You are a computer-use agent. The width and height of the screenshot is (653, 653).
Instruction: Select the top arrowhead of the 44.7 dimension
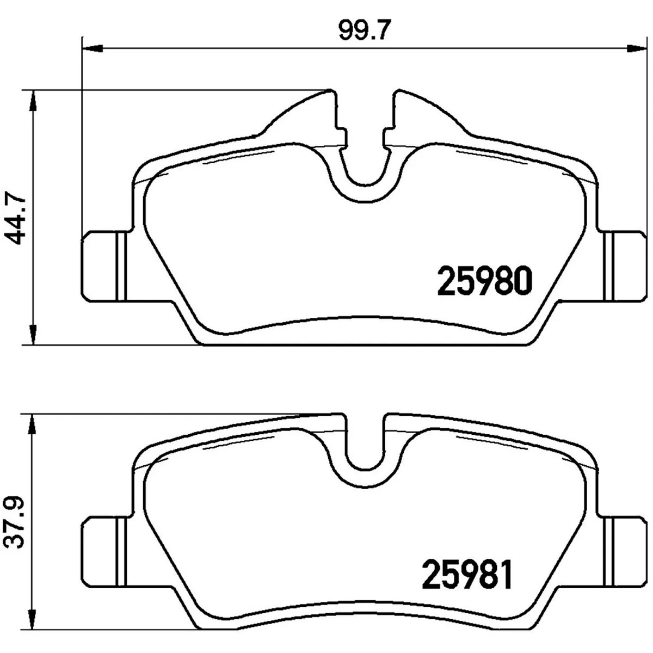tap(33, 100)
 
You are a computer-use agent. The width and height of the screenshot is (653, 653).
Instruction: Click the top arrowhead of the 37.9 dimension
tap(33, 424)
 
